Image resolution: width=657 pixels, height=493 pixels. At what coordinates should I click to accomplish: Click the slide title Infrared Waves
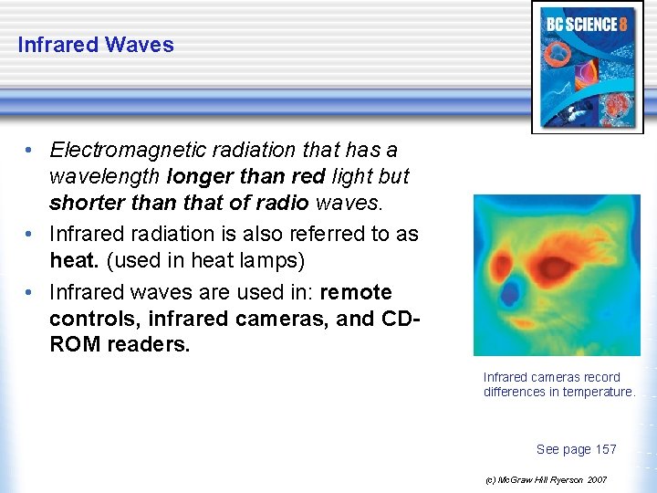pos(96,45)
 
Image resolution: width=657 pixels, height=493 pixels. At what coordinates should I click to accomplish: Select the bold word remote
pos(357,293)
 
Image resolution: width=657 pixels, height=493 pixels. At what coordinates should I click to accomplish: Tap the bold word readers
pos(150,345)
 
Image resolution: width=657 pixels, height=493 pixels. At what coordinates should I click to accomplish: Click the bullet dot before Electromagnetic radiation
pos(32,150)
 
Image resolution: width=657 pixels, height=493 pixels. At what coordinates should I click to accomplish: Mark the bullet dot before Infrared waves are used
pos(32,293)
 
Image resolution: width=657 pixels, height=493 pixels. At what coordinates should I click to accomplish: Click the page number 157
pos(606,449)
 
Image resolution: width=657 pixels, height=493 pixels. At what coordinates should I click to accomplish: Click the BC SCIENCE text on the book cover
pos(581,24)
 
